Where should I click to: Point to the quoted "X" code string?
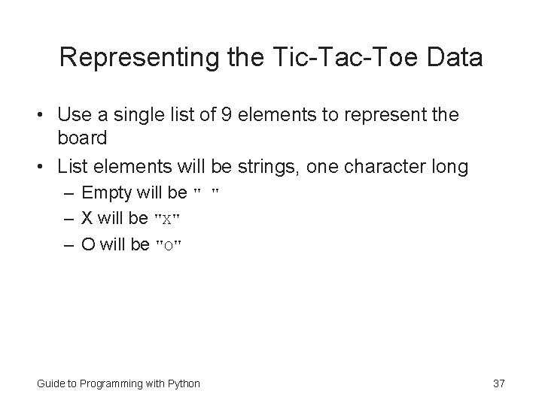tap(167, 220)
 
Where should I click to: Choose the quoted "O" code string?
tap(169, 245)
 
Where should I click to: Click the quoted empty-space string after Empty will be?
tap(206, 193)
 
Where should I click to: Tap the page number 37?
tap(498, 383)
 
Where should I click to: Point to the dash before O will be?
tap(69, 244)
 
